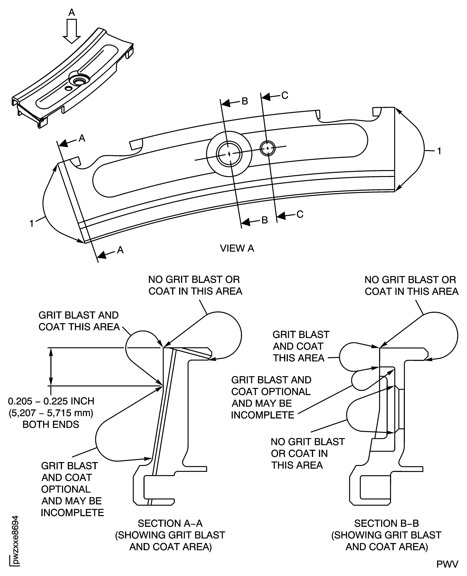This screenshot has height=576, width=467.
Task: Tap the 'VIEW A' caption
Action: click(237, 248)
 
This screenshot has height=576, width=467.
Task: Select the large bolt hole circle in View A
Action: click(229, 154)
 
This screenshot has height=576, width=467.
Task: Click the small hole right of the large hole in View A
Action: click(268, 148)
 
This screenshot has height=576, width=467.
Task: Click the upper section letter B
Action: click(245, 101)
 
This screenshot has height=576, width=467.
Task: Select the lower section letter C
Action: click(300, 214)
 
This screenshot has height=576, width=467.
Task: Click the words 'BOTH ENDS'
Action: click(51, 424)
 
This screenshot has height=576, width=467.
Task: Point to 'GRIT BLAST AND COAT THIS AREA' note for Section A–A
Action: click(79, 321)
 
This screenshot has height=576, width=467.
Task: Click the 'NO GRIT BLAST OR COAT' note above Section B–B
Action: click(411, 286)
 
